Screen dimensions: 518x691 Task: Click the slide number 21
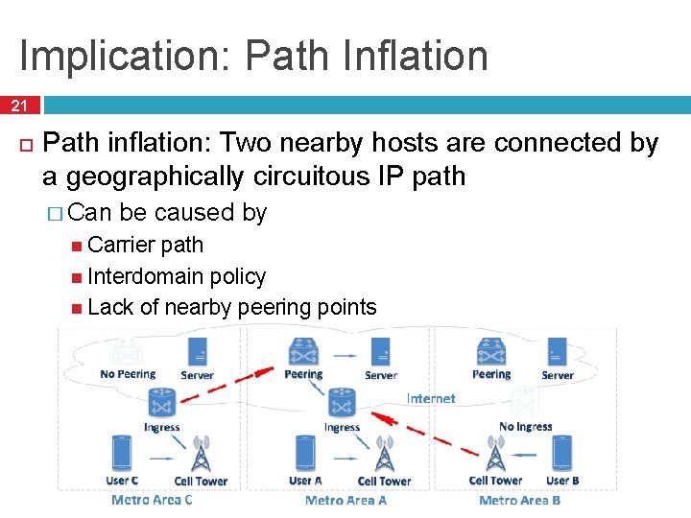pos(20,105)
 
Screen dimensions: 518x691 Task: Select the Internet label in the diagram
pos(431,398)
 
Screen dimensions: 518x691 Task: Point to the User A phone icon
pos(305,453)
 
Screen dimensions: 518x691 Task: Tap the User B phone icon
pos(561,452)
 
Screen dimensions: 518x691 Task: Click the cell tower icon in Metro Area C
pos(201,455)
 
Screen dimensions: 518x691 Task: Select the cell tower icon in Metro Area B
pos(495,454)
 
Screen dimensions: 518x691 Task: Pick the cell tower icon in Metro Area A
pos(384,455)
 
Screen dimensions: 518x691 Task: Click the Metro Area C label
pos(152,500)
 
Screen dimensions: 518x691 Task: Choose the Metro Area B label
pos(519,500)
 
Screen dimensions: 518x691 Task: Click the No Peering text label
pos(128,374)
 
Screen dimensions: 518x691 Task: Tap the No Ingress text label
pos(525,426)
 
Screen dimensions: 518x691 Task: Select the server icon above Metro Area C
pos(198,349)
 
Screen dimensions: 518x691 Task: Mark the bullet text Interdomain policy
pos(176,276)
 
